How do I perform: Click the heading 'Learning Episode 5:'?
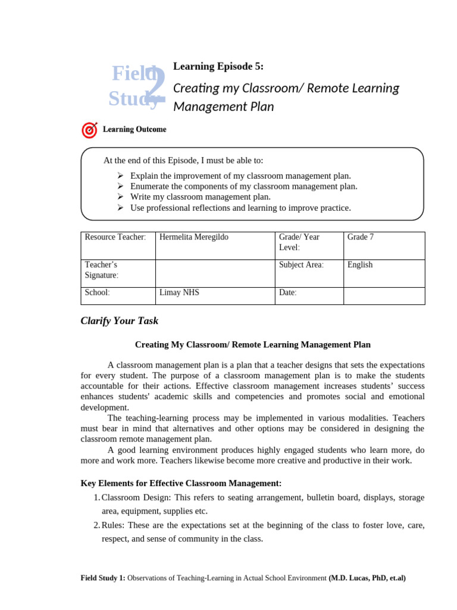tap(218, 67)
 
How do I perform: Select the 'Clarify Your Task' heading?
tap(119, 320)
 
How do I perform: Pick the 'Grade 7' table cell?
tap(361, 237)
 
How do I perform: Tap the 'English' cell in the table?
tap(360, 264)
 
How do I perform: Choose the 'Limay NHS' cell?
tap(180, 292)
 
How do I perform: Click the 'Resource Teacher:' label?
tap(115, 237)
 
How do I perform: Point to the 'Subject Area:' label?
tap(301, 264)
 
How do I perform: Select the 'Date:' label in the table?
tap(287, 292)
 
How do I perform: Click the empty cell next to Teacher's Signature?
tap(214, 273)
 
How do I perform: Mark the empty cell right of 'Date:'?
tap(384, 295)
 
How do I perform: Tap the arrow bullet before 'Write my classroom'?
tap(120, 197)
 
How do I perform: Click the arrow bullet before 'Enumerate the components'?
tap(120, 186)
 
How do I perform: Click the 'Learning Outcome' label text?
tap(134, 129)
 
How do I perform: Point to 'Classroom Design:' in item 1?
tap(136, 497)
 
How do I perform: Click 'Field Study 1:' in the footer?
tap(103, 578)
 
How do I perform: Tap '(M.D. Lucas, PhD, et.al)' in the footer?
tap(367, 578)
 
